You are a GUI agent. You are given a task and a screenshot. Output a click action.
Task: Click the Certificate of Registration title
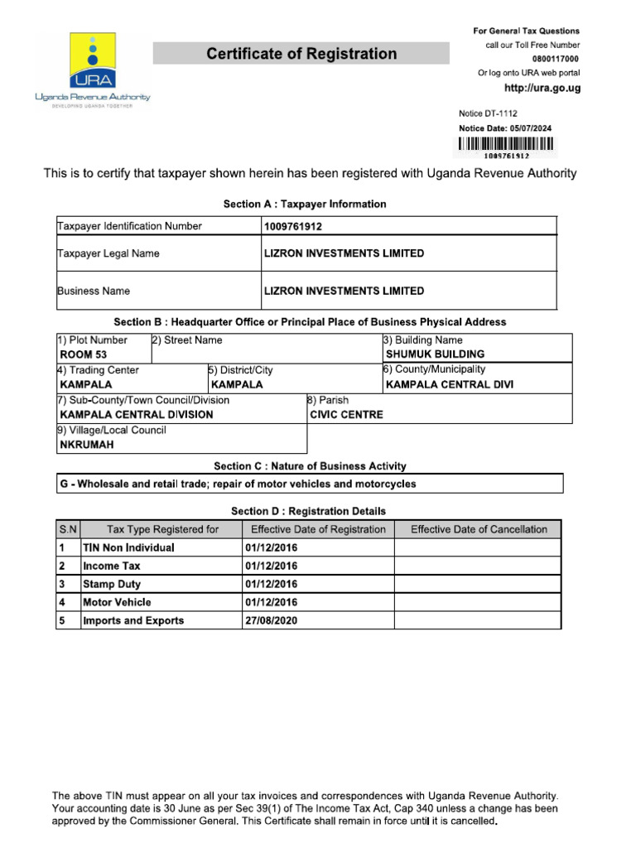[301, 54]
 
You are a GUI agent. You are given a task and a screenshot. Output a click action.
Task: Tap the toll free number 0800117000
[556, 59]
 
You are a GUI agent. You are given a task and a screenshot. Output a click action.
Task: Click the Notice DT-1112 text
[489, 113]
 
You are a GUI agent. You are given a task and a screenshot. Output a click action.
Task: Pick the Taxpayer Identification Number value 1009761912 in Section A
[293, 226]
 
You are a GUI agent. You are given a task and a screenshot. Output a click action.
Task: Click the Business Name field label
[94, 291]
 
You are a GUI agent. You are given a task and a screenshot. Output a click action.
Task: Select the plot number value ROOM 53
[84, 354]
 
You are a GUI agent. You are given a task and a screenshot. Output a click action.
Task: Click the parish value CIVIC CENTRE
[346, 415]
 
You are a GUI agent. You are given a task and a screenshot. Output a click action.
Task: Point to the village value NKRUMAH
[87, 445]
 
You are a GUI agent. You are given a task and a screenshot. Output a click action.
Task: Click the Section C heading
[310, 466]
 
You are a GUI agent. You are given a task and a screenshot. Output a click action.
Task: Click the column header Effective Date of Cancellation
[479, 529]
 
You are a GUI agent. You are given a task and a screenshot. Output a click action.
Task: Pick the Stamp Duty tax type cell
[112, 584]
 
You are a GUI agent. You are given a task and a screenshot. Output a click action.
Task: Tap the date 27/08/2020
[271, 620]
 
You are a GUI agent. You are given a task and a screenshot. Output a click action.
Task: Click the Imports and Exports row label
[133, 620]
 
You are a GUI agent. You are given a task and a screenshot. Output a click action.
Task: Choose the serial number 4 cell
[62, 602]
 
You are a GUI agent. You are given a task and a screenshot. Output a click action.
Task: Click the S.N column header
[67, 529]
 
